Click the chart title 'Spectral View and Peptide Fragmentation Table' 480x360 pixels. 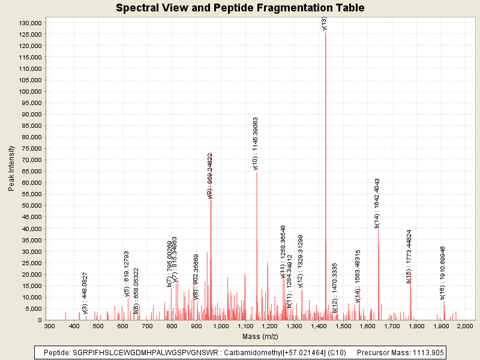240,8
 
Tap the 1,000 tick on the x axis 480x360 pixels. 221,326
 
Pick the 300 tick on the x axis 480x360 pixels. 50,326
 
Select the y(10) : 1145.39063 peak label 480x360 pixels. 256,144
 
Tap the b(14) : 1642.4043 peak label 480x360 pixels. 377,203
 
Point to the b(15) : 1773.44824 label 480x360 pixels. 409,256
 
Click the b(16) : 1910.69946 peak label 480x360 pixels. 443,272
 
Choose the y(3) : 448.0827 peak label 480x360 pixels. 85,293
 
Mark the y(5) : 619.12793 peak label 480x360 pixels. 127,274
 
